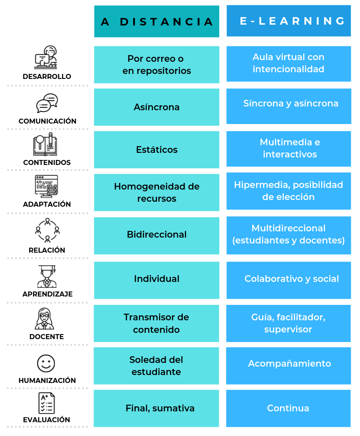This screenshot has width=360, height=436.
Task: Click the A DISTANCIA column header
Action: pos(157,21)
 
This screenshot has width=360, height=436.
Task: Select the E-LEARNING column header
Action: pos(289,21)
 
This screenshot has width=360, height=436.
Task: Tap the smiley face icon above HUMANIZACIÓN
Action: pos(46,363)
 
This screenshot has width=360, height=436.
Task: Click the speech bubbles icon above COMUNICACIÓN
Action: pos(47,103)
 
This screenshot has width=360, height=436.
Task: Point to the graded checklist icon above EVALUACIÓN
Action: pos(46,403)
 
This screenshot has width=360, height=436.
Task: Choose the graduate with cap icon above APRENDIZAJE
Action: pos(47,276)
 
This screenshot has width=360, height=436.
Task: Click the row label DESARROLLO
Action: pos(47,76)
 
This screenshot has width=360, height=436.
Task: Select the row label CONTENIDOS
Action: pos(47,162)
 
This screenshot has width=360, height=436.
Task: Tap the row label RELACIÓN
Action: pos(47,250)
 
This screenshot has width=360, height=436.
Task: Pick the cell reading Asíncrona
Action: pos(157,107)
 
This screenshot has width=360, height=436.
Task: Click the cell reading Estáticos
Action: pos(157,150)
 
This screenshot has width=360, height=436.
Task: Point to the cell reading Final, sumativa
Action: pos(156,408)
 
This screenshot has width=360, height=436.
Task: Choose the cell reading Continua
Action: pos(288,408)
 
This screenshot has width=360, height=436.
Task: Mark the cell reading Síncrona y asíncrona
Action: pos(289,106)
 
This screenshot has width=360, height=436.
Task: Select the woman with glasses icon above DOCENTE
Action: pos(45,319)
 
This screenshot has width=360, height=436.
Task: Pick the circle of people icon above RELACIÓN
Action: pos(47,231)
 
